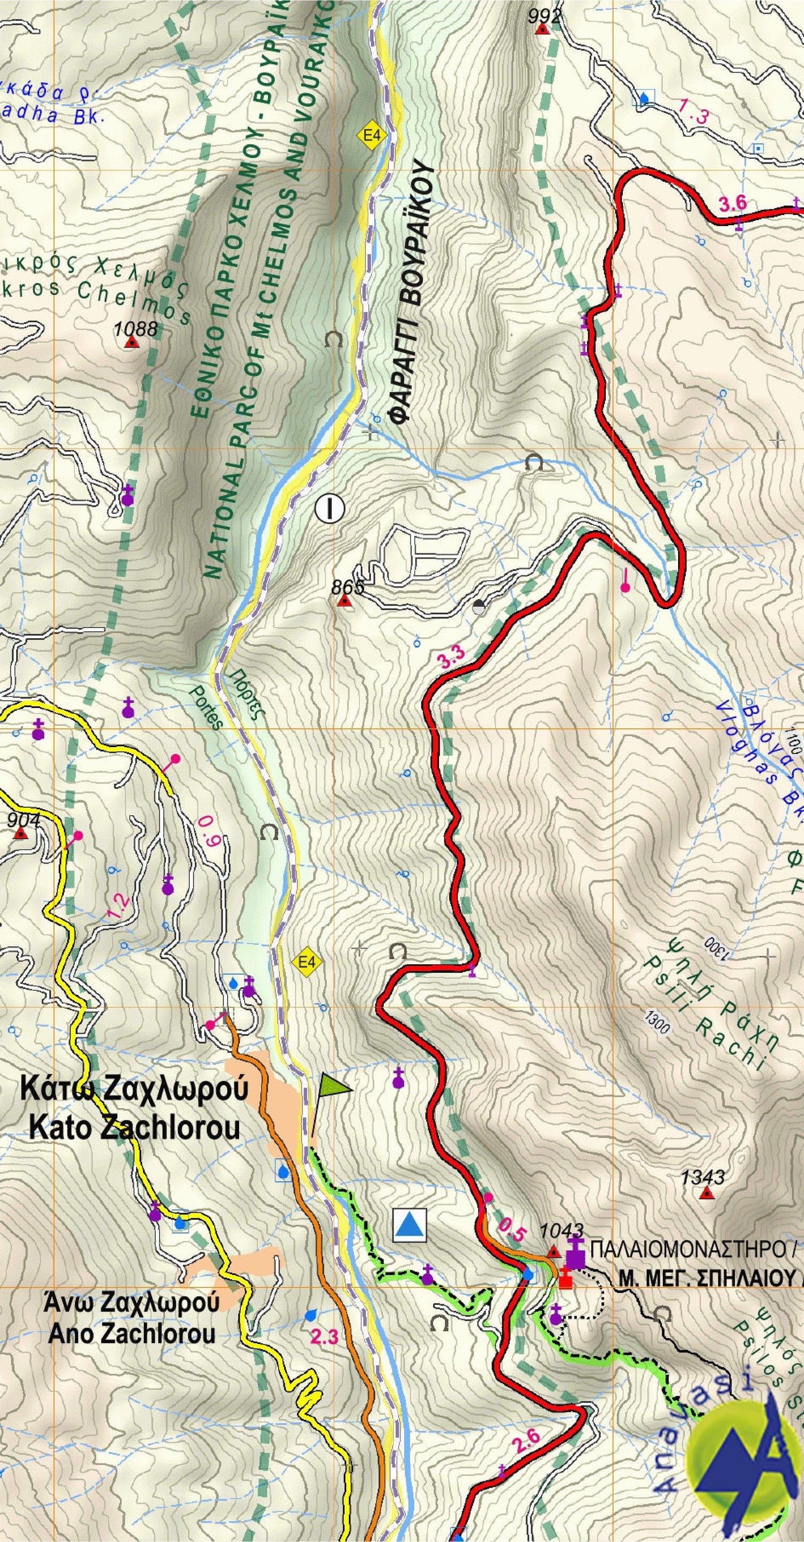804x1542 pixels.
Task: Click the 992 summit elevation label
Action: (x=545, y=16)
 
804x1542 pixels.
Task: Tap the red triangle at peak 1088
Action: (x=131, y=342)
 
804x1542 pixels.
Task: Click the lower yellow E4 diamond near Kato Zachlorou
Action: (x=306, y=962)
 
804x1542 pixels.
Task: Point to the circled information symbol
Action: (x=330, y=509)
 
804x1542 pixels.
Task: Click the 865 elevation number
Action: (x=347, y=587)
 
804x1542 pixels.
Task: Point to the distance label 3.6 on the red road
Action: (x=732, y=203)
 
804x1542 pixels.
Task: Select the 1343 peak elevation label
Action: (x=703, y=1177)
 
